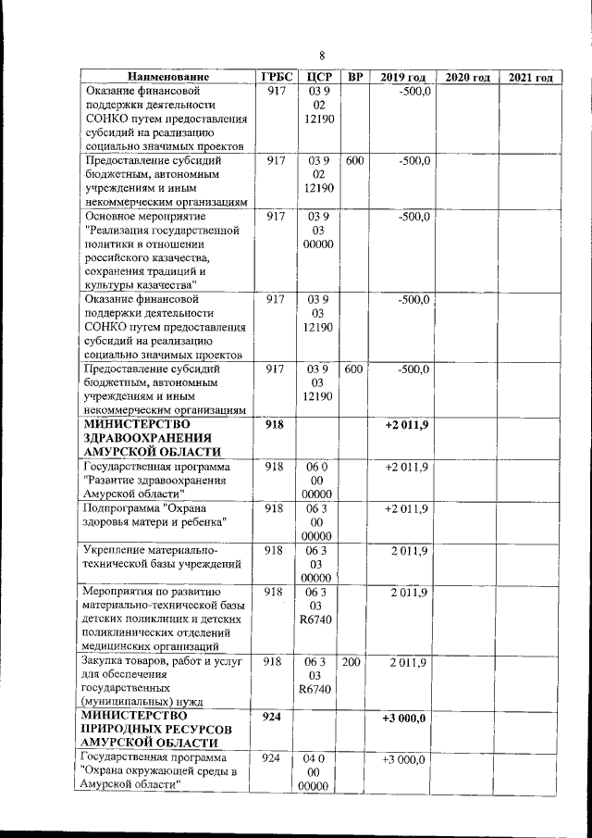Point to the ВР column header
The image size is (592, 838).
tap(354, 77)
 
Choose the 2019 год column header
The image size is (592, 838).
tap(402, 77)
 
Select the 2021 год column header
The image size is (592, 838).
tap(531, 77)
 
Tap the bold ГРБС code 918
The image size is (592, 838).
tap(274, 424)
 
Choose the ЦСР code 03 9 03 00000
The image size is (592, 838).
tap(317, 230)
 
